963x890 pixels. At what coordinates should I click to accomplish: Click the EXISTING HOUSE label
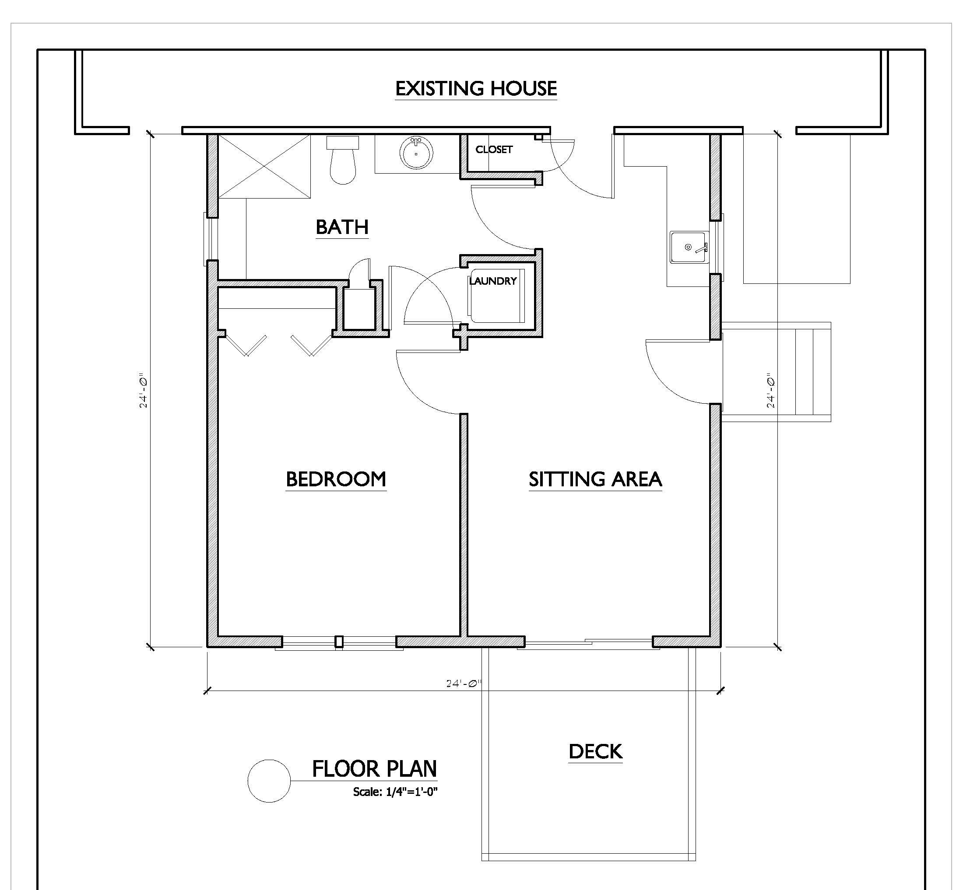tap(476, 89)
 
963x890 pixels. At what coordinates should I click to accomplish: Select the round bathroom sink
tap(416, 152)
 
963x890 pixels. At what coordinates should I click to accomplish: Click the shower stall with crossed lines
tap(264, 166)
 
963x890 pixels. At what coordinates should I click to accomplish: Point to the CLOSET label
tap(494, 149)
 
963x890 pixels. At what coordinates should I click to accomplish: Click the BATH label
tap(342, 227)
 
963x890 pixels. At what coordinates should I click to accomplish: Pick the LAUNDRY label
tap(493, 281)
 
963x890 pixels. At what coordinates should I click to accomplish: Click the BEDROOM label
tap(336, 479)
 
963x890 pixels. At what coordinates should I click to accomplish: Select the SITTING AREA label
tap(595, 479)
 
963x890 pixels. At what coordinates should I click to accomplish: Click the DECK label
tap(596, 751)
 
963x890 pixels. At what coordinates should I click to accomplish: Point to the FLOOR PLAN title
tap(375, 769)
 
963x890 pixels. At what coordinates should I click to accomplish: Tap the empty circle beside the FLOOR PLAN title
tap(248, 781)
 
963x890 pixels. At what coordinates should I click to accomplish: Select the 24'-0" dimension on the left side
tap(143, 390)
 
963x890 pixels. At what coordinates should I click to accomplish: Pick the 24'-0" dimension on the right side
tap(771, 390)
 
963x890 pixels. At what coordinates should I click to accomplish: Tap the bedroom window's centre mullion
tap(339, 642)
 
